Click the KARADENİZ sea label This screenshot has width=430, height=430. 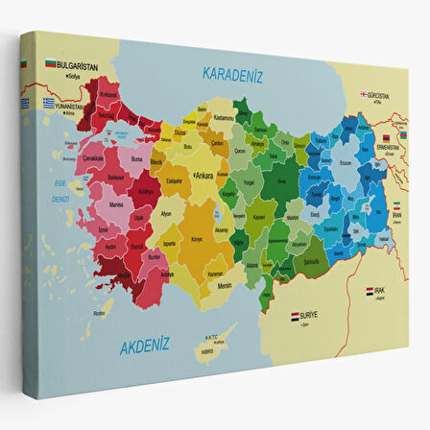tap(232, 73)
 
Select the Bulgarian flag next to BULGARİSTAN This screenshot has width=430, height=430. tap(50, 64)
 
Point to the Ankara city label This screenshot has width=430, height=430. tap(203, 176)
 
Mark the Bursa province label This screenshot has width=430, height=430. tap(136, 154)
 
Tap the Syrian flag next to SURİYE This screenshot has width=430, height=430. tap(296, 314)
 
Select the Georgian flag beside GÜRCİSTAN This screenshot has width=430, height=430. tap(364, 94)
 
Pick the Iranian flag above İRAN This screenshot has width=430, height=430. tap(398, 205)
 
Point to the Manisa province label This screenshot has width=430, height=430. tap(116, 204)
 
